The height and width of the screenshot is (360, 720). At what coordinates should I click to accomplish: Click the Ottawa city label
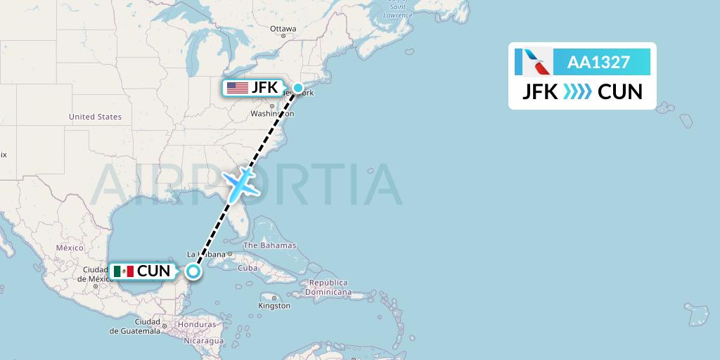[283, 29]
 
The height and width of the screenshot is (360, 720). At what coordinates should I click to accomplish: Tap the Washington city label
[271, 113]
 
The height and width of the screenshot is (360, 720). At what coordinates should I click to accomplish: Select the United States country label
[95, 117]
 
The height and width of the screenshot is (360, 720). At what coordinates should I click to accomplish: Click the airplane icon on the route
[240, 183]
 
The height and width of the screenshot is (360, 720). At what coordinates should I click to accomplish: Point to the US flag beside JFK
[238, 88]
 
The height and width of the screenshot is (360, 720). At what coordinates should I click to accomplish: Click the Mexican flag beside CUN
[123, 271]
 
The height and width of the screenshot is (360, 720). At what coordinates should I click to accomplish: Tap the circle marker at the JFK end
[298, 88]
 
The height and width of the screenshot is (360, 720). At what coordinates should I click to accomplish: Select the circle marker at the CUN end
[194, 271]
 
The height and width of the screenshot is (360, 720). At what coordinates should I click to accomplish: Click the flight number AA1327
[598, 62]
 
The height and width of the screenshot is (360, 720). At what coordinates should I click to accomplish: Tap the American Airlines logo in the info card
[532, 62]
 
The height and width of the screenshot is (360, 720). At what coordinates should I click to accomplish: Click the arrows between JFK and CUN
[578, 92]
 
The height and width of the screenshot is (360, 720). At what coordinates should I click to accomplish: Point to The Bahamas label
[269, 246]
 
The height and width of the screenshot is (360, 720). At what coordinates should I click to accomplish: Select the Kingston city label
[274, 306]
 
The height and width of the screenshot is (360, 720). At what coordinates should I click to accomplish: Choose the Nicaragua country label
[204, 340]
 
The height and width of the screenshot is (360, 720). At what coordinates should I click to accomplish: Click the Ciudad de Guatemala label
[136, 326]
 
